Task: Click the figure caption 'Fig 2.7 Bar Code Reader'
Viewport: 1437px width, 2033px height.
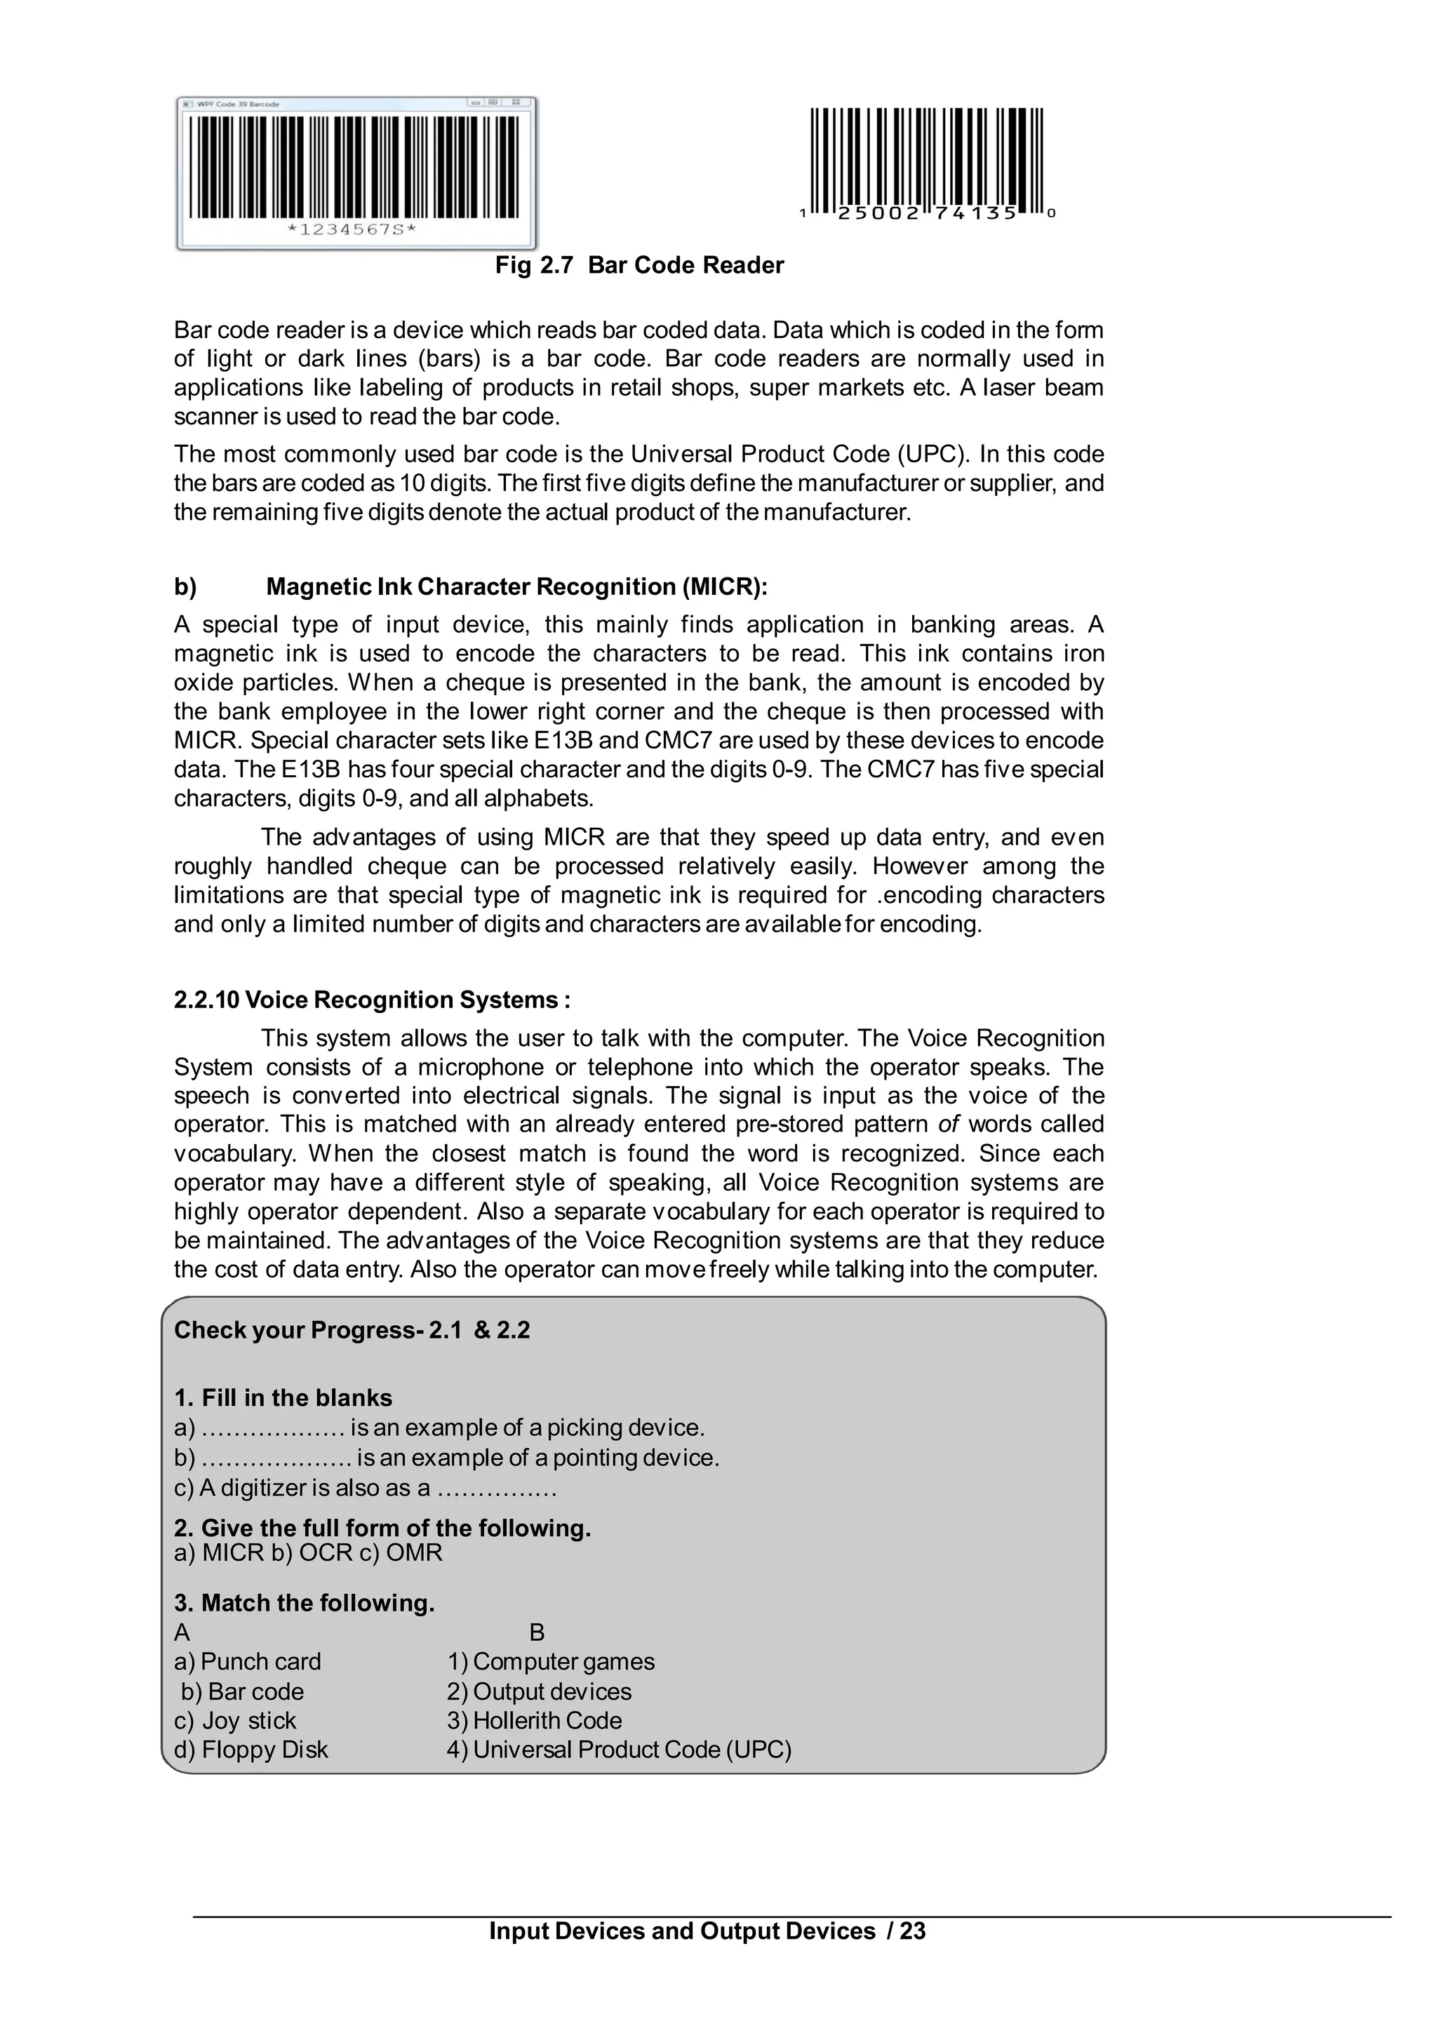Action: (x=639, y=266)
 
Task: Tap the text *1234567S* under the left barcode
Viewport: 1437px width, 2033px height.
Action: (x=352, y=230)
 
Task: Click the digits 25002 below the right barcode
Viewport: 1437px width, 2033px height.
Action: (x=878, y=213)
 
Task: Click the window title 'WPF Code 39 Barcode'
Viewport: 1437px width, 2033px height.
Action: (x=237, y=105)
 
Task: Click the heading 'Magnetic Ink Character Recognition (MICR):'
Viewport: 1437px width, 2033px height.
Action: (x=516, y=587)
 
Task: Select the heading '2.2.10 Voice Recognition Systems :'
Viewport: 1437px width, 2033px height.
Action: (x=372, y=1000)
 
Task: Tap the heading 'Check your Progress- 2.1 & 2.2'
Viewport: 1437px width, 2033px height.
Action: (x=352, y=1330)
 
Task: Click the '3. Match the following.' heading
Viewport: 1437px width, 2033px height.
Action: (x=305, y=1603)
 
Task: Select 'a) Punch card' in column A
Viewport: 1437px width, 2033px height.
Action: (x=248, y=1661)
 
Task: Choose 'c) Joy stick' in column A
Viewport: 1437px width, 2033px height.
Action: (x=236, y=1719)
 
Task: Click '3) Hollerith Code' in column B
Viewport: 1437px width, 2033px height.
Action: (x=534, y=1719)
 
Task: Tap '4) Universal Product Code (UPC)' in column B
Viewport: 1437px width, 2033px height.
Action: (x=619, y=1749)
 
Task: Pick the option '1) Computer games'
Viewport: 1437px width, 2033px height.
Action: (x=551, y=1661)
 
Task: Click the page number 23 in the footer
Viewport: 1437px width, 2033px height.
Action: (x=912, y=1931)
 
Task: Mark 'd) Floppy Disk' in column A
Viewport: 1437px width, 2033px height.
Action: (x=250, y=1749)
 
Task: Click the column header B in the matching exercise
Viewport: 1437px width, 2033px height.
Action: (x=537, y=1632)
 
